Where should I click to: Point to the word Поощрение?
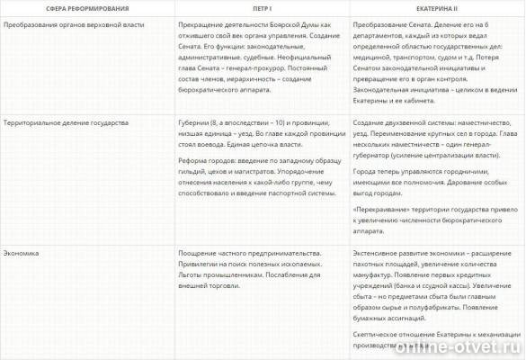tap(202, 253)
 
